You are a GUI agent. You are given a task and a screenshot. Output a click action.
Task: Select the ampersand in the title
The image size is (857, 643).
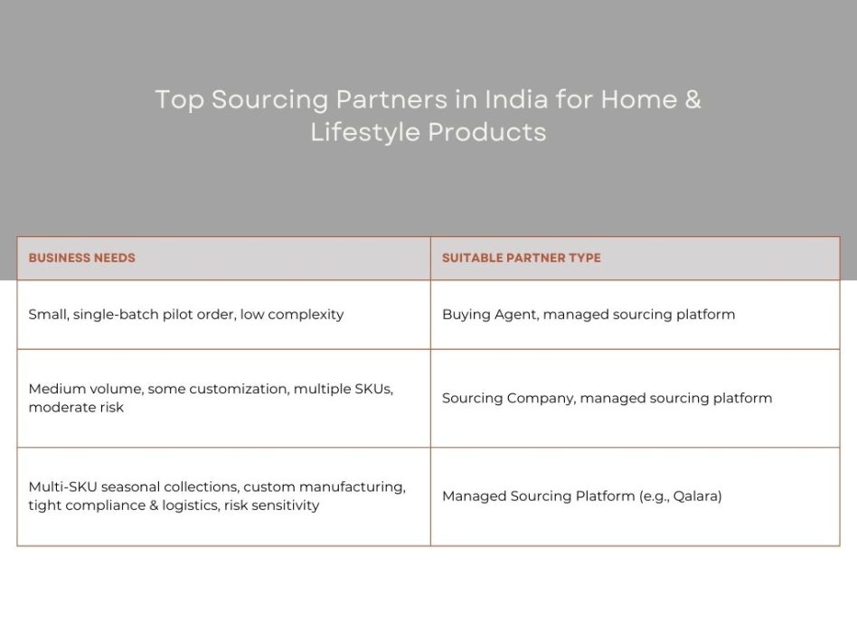coord(692,99)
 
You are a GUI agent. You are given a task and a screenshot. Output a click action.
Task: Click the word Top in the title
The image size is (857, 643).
coord(179,99)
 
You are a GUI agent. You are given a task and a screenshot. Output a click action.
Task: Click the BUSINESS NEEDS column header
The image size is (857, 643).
coord(81,258)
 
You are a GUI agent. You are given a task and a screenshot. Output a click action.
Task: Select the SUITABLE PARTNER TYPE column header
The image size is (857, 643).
coord(521,258)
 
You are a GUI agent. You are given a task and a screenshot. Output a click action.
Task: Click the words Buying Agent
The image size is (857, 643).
coord(488,315)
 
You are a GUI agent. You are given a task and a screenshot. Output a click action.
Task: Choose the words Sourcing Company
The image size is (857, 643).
coord(507,398)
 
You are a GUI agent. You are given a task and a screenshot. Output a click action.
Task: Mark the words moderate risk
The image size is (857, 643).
coord(76,407)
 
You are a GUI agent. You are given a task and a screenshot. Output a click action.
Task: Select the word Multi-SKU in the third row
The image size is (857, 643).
coord(62,487)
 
